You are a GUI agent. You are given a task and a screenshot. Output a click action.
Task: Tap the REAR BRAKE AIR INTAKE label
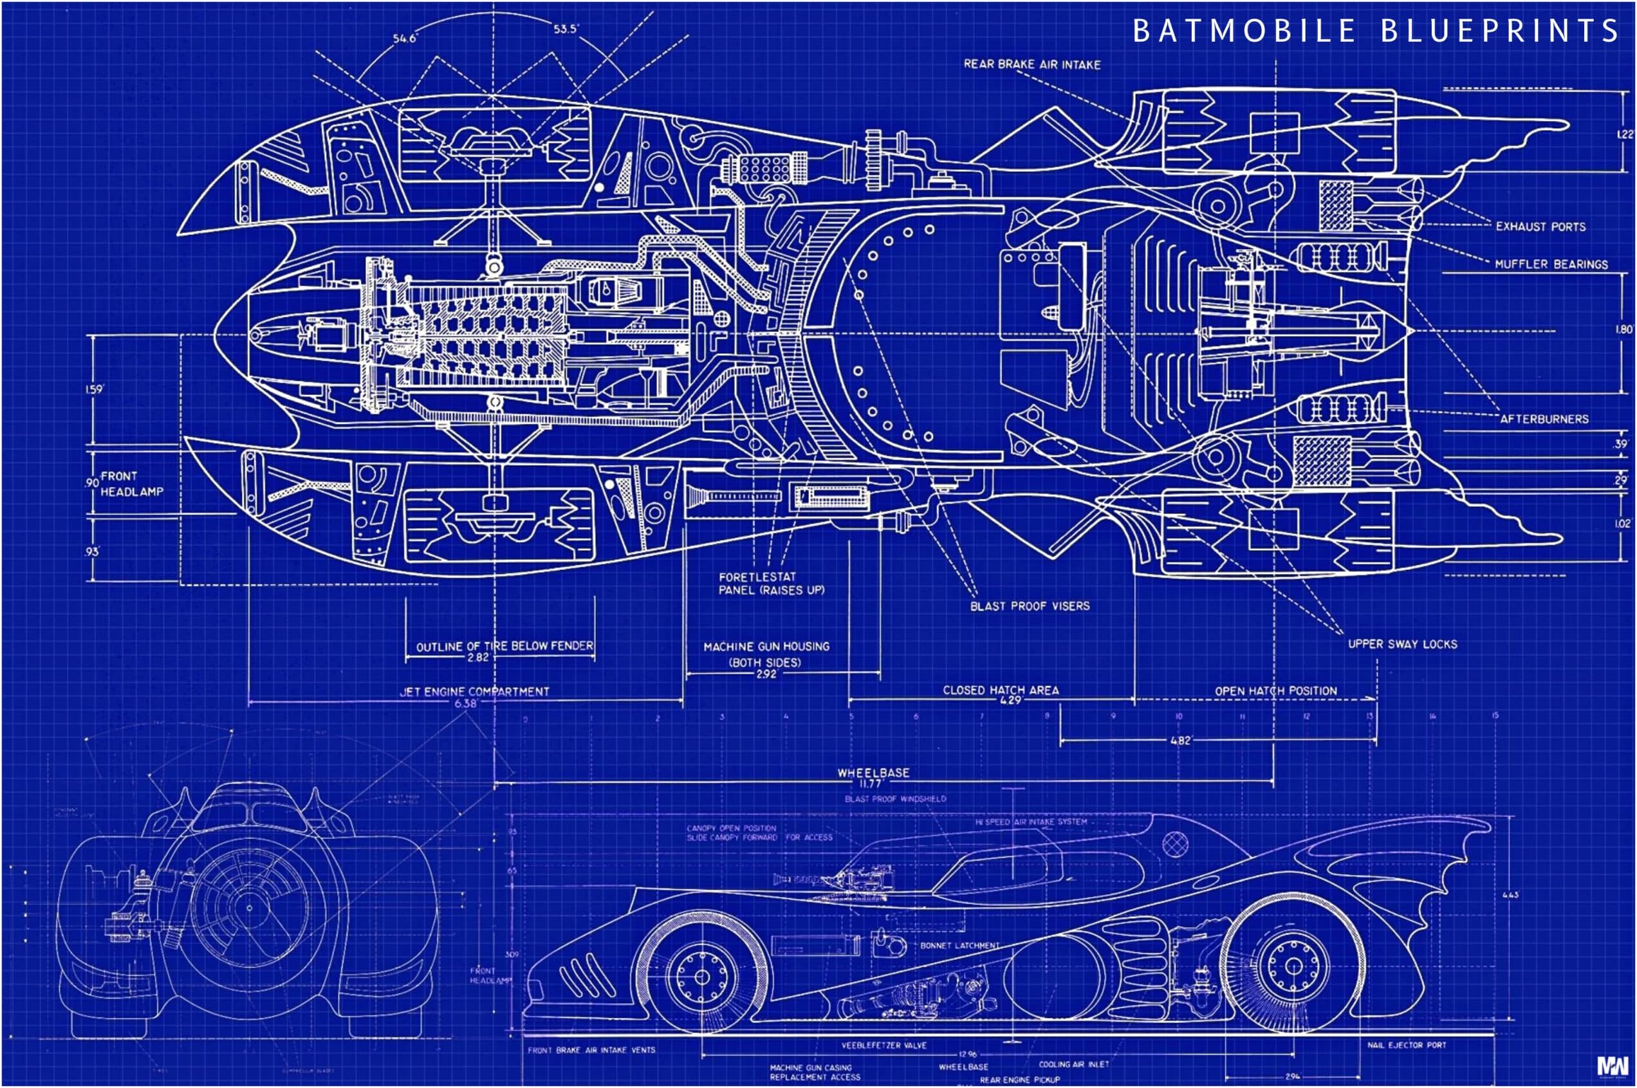click(1032, 64)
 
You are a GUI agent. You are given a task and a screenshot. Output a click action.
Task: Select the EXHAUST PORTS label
click(1540, 227)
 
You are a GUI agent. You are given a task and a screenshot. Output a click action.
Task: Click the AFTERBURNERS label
click(1543, 419)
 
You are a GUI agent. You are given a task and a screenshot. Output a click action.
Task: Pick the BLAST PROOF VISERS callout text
click(1029, 607)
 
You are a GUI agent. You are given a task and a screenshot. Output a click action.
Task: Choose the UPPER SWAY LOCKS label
click(1401, 645)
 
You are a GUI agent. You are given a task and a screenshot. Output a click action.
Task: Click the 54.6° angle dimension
click(405, 38)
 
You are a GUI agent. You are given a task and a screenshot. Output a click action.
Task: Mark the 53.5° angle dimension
click(566, 29)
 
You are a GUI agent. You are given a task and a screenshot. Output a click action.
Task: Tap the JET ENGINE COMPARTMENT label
click(474, 692)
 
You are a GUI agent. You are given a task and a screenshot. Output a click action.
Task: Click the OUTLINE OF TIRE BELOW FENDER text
click(504, 646)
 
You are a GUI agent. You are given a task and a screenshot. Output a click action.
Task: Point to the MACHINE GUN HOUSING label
click(766, 647)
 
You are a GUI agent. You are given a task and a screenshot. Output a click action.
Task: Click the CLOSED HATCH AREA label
click(1000, 690)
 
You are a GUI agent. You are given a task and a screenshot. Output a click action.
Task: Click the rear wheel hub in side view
click(1293, 966)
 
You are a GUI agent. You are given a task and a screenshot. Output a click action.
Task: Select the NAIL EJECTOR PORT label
click(1406, 1045)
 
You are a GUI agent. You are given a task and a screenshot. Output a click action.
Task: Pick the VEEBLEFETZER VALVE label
click(883, 1046)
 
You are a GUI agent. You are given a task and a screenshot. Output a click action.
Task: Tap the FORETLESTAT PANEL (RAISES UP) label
click(770, 584)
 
